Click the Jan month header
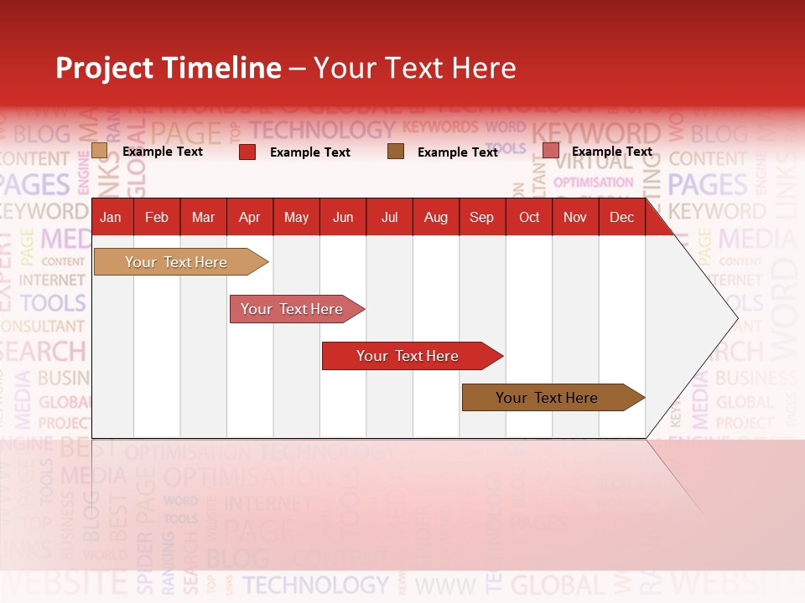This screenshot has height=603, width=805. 111,218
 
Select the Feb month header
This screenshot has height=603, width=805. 157,218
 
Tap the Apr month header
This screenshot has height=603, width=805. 250,218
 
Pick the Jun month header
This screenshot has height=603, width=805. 343,218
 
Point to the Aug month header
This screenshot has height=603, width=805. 436,218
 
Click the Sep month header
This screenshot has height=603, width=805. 482,218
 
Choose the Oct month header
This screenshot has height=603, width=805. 529,218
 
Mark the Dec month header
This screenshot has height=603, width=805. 622,218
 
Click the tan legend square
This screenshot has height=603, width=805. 100,151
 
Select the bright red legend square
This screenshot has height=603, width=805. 247,152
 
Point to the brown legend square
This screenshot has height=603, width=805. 396,152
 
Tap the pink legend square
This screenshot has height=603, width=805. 551,151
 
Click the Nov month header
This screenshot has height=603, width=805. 575,218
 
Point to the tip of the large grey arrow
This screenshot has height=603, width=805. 736,318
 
